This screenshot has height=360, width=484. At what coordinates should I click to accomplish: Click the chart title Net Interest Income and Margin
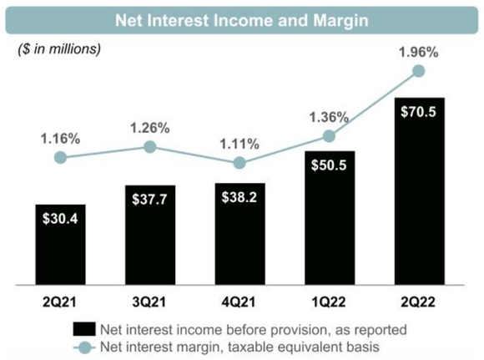(241, 16)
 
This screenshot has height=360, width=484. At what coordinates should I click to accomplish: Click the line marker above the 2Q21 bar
(59, 157)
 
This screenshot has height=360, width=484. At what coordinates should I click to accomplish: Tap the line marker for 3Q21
(149, 147)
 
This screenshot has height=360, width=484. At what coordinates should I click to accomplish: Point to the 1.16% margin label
(60, 138)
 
